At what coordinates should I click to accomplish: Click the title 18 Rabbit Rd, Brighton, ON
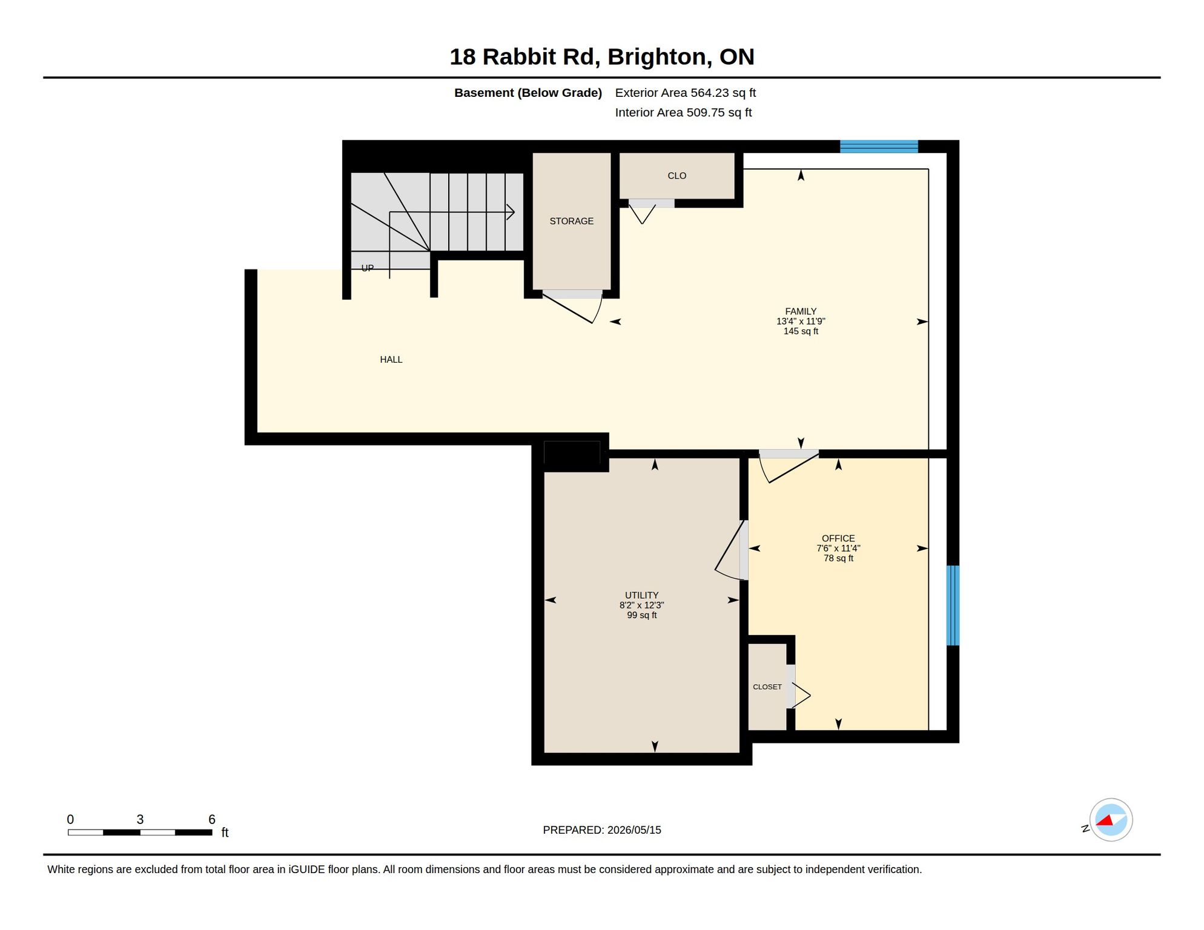coord(601,57)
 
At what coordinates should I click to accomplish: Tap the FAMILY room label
coord(801,311)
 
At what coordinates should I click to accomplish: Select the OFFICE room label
coord(838,538)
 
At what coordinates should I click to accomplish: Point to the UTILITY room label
coord(641,595)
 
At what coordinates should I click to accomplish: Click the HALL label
coord(391,360)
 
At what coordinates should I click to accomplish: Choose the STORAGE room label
coord(571,221)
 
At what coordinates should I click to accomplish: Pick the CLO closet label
coord(676,176)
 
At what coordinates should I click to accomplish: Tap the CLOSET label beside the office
coord(767,687)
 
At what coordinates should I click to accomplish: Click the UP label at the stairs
coord(368,268)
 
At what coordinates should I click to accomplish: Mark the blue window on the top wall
coord(879,147)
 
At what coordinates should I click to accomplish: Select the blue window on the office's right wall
coord(953,605)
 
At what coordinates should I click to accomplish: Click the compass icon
coord(1111,820)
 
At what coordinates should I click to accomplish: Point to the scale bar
coord(140,833)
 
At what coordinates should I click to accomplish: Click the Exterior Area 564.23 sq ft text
coord(686,93)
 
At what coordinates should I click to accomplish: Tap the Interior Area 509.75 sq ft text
coord(683,113)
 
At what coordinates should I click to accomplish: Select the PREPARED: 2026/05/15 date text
coord(602,830)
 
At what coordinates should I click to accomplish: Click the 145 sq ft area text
coord(801,331)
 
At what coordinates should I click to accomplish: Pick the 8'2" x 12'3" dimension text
coord(641,605)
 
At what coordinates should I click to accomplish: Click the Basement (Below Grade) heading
coord(528,93)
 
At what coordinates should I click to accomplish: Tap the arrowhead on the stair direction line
coord(511,212)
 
